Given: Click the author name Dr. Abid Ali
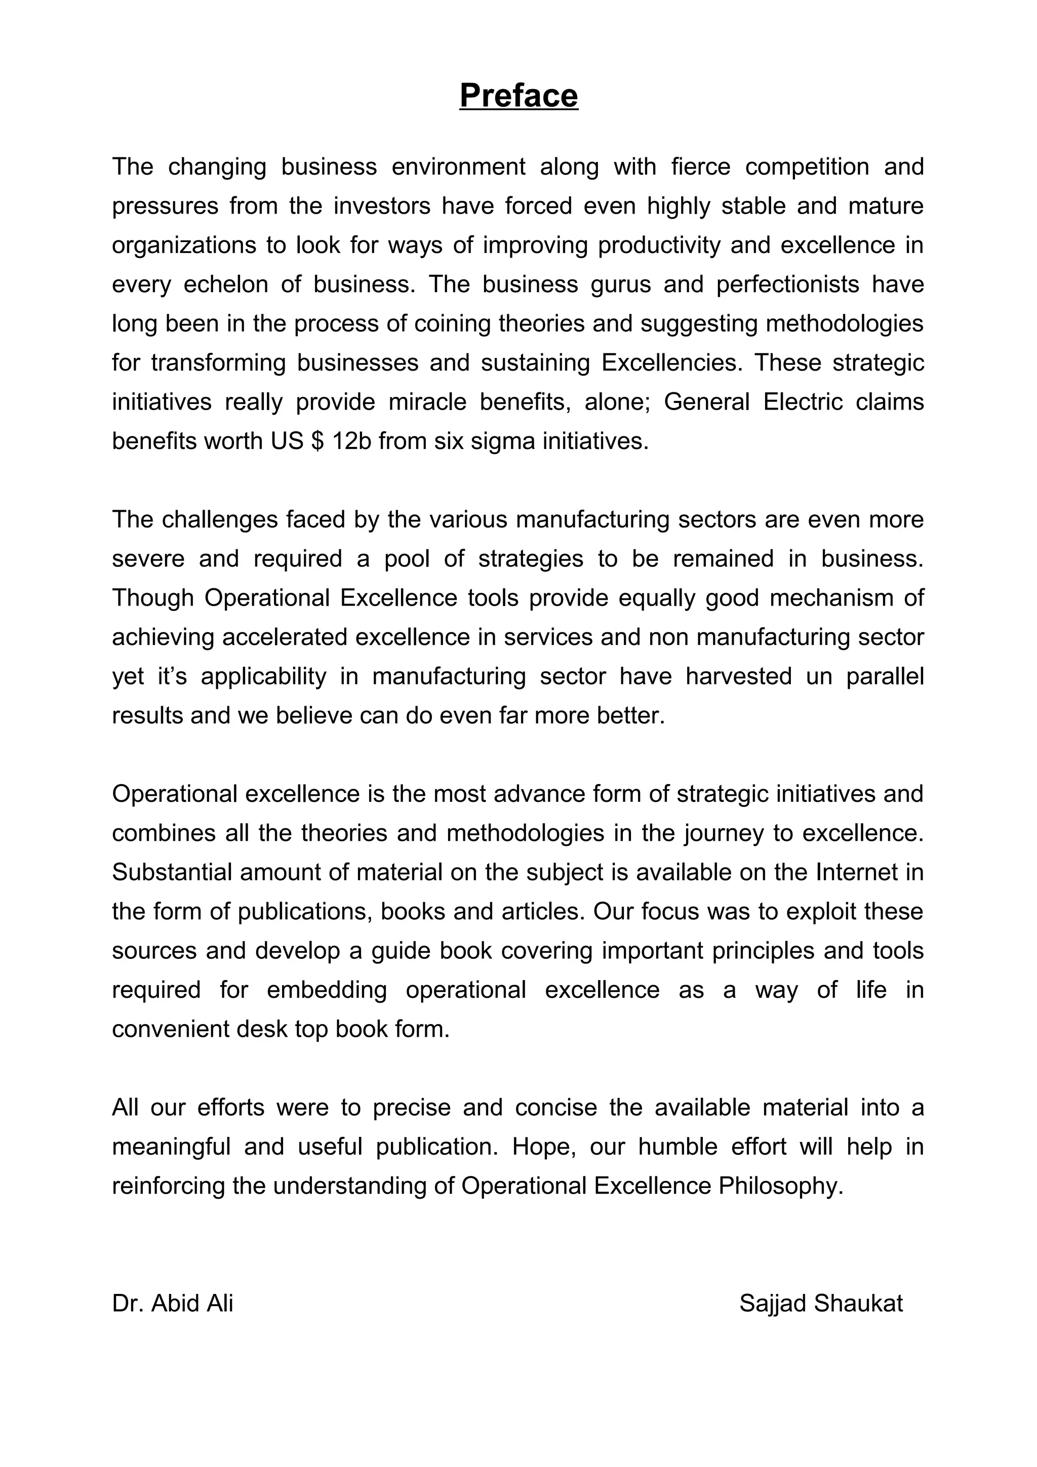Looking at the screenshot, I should tap(173, 1303).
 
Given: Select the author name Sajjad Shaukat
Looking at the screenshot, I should tap(820, 1303).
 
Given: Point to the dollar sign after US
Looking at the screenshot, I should tap(317, 441).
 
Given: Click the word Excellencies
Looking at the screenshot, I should tap(671, 363).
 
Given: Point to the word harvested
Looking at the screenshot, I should tap(739, 676).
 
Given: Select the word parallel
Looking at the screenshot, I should tap(885, 676).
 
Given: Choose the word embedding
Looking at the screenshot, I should tap(327, 990).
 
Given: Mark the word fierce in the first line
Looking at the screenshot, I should tap(701, 167).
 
